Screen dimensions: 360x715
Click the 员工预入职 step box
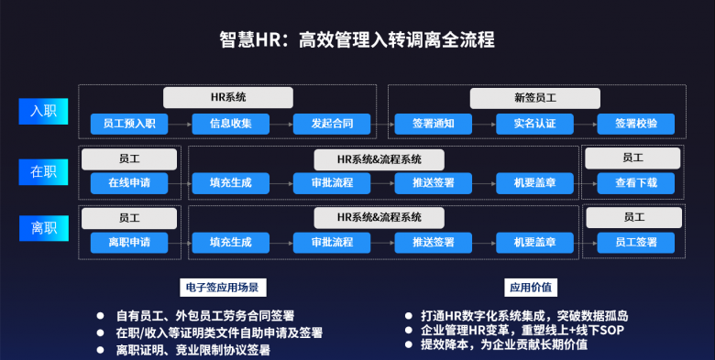pyautogui.click(x=129, y=124)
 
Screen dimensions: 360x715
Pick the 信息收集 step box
pyautogui.click(x=230, y=124)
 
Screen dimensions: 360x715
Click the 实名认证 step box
pyautogui.click(x=534, y=124)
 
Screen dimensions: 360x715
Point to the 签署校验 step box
pyautogui.click(x=636, y=124)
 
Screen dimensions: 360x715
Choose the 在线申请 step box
pyautogui.click(x=129, y=183)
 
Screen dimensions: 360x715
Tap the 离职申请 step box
pyautogui.click(x=129, y=243)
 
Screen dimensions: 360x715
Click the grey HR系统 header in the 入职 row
pyautogui.click(x=228, y=97)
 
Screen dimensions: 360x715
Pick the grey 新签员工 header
pyautogui.click(x=534, y=97)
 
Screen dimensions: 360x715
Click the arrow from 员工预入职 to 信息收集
pyautogui.click(x=180, y=124)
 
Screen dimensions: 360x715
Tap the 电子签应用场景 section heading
pyautogui.click(x=221, y=288)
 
